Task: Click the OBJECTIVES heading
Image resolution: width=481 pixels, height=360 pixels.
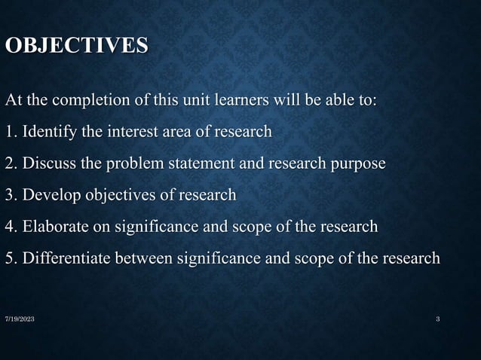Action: (77, 46)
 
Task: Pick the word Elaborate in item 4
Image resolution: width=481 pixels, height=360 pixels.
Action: (55, 227)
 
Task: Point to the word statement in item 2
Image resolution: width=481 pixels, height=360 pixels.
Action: (198, 163)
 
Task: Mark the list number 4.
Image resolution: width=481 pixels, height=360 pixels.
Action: (10, 227)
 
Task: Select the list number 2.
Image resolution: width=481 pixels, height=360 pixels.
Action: (10, 163)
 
